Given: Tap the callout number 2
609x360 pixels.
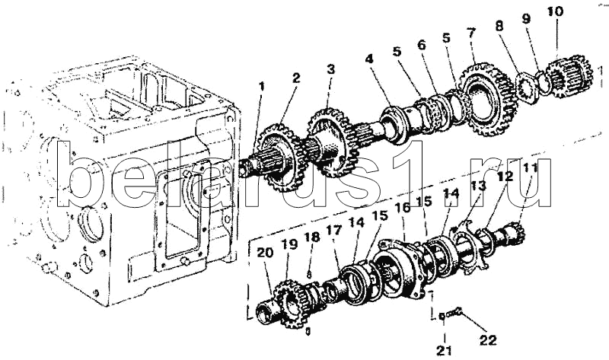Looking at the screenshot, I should tap(295, 77).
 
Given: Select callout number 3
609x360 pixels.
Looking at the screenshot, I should tap(330, 69).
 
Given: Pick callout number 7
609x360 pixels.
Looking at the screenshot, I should tap(472, 33).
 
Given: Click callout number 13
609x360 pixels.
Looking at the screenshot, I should tap(477, 186).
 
